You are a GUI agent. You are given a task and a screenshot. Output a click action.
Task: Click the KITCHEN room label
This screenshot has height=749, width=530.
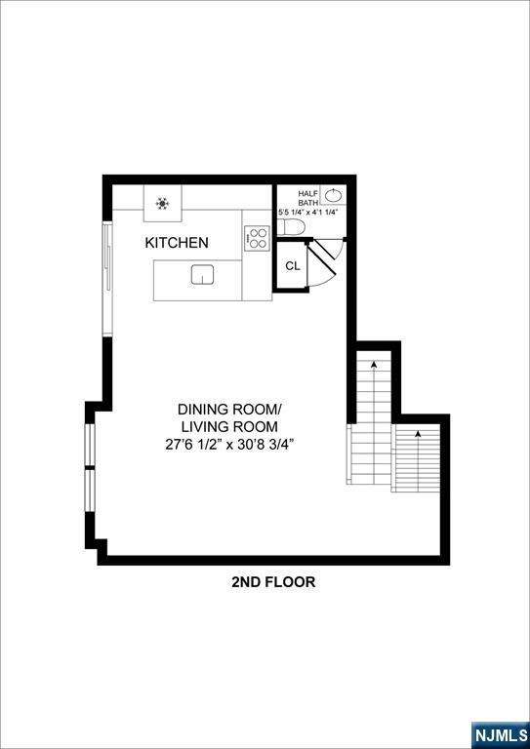(x=177, y=243)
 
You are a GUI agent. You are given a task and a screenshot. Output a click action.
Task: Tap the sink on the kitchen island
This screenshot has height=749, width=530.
(x=202, y=274)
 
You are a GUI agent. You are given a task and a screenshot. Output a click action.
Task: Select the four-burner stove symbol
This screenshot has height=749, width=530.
(x=257, y=237)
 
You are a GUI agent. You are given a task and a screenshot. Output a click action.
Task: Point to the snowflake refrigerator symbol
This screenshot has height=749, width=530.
(x=162, y=204)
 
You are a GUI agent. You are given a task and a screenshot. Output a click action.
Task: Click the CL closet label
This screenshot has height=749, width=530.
(x=292, y=265)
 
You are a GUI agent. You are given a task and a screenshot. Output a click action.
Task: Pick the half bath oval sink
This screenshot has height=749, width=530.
(x=334, y=195)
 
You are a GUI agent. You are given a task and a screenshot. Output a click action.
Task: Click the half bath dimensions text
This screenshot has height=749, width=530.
(x=308, y=212)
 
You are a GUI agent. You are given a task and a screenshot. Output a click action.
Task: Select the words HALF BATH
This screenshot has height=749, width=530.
(x=308, y=198)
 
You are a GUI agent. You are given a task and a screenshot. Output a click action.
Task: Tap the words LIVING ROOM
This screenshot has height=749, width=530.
(x=229, y=426)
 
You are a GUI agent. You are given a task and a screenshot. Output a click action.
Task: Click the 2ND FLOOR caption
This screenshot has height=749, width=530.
(x=273, y=582)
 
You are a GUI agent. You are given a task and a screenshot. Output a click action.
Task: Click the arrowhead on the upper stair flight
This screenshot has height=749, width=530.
(x=373, y=364)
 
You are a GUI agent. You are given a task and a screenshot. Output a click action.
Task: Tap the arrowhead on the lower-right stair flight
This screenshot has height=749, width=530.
(x=418, y=432)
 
